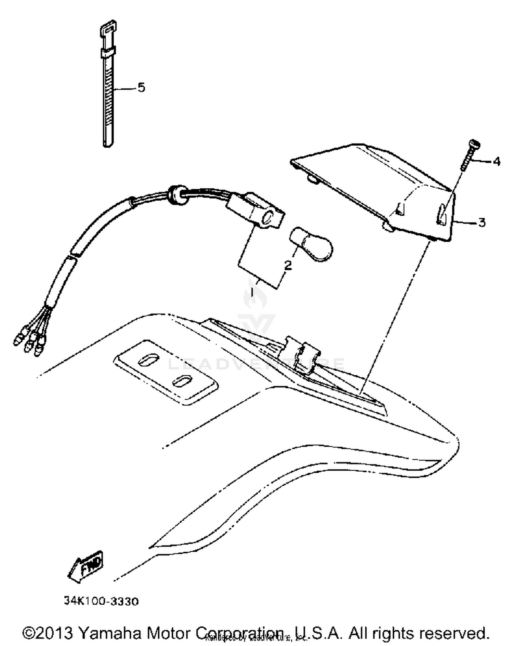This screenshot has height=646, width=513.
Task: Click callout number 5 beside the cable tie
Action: pos(141,88)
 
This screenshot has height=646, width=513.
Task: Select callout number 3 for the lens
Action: pos(482,223)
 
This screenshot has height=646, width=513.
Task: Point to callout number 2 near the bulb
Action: pos(288,265)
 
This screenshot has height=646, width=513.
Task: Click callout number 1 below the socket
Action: pos(252,292)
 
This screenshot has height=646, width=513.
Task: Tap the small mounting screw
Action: pos(470,155)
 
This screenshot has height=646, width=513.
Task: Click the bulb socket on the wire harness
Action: pos(256,210)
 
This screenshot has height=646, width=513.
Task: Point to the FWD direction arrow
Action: pos(87,564)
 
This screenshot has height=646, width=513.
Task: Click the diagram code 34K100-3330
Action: pos(101,602)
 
